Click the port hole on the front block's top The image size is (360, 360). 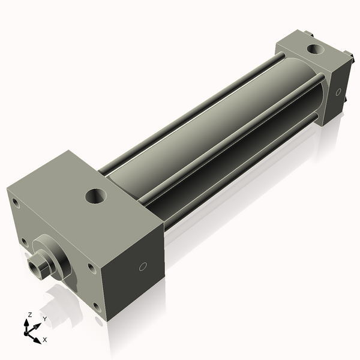point(95,195)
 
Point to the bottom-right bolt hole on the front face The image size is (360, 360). point(96,307)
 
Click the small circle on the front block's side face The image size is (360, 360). point(142,266)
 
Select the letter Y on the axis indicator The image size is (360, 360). point(44,319)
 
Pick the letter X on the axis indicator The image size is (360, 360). point(45,340)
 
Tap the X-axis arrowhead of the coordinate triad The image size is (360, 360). point(38,337)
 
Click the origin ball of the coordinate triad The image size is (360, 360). point(29,331)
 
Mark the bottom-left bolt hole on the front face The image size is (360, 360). point(25,242)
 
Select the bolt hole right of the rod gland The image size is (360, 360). point(90,267)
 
